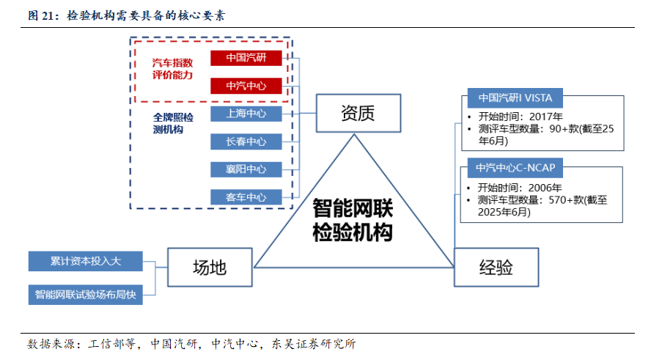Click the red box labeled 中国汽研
coord(246,58)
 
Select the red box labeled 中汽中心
coord(246,86)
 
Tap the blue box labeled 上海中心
coord(246,114)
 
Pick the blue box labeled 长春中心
coord(246,142)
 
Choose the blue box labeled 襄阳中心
coord(246,169)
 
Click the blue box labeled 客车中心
coord(246,197)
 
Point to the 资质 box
coord(358,113)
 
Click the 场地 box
coord(209,267)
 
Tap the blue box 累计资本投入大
coord(86,260)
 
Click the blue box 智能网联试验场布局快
coord(86,295)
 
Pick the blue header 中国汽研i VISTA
coord(515,97)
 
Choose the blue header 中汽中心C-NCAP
coord(515,168)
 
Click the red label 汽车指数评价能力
coord(172,69)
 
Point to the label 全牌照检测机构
coord(173,123)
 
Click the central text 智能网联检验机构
coord(353,220)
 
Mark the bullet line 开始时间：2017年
coord(520,116)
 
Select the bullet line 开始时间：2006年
coord(520,186)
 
